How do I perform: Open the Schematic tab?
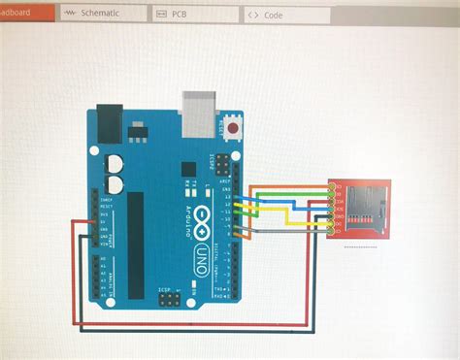101,14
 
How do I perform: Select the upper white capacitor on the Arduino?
114,161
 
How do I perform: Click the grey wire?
291,233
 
